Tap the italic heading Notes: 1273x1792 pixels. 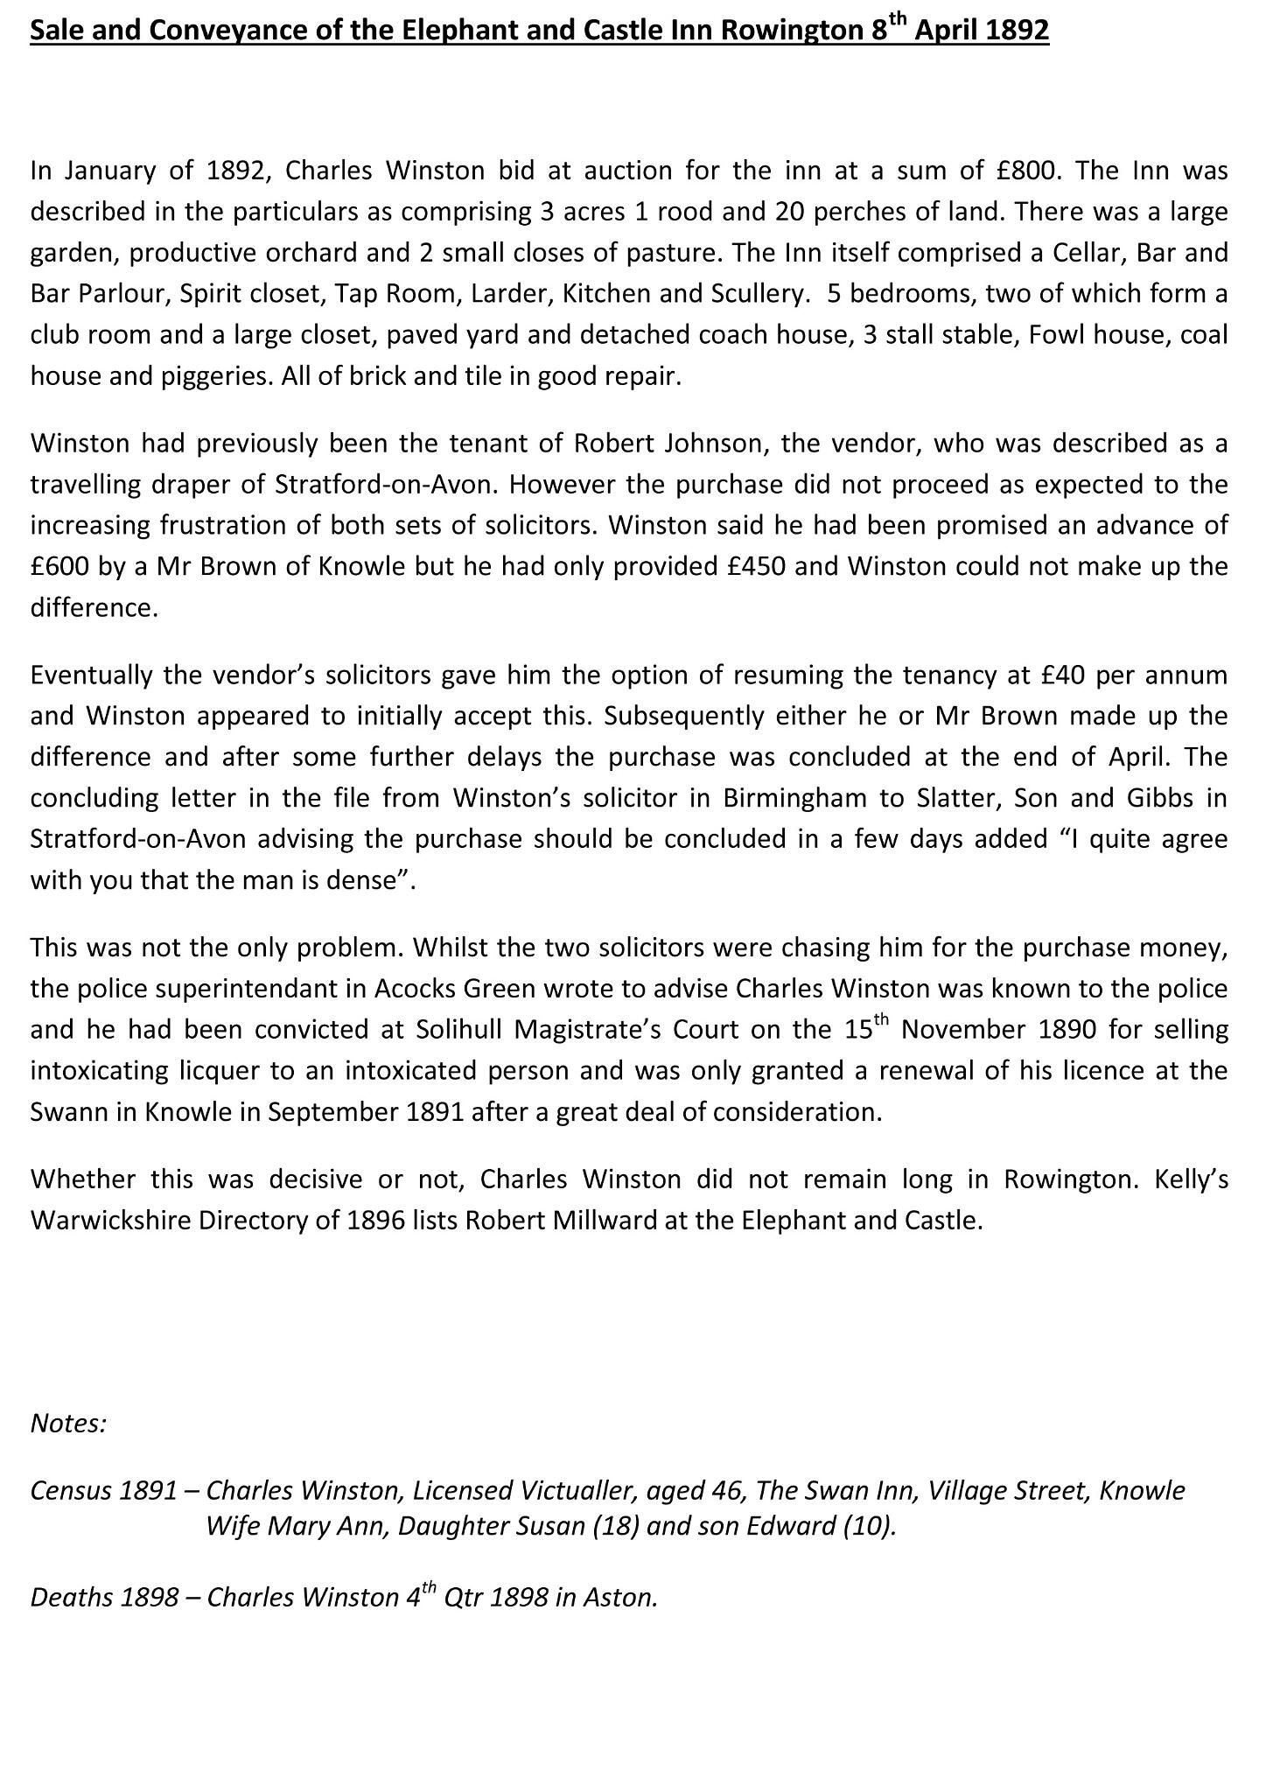pos(68,1424)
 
